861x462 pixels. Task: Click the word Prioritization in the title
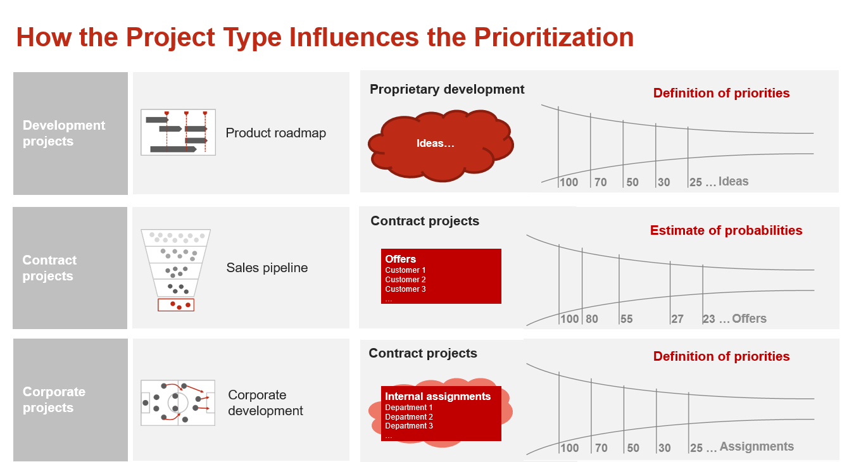tap(553, 37)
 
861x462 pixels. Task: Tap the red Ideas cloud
tap(441, 146)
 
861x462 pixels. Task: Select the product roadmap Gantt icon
tap(178, 132)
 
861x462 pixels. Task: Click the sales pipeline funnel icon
tap(175, 270)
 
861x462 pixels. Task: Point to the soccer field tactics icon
tap(177, 403)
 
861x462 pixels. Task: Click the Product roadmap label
tap(275, 133)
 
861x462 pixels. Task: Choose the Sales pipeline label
tap(267, 268)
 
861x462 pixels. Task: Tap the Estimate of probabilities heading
tap(726, 230)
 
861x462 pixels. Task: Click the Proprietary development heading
tap(447, 89)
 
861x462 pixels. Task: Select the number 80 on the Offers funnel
tap(592, 318)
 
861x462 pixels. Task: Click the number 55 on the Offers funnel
tap(627, 318)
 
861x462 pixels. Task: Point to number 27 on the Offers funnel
tap(677, 318)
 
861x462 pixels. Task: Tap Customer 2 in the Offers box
tap(405, 280)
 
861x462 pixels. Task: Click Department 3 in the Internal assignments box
tap(408, 426)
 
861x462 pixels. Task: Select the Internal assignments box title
tap(437, 396)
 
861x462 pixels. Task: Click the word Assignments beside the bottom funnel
tap(757, 446)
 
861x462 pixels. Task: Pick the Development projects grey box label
tap(64, 133)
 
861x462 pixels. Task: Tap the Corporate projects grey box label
tap(54, 399)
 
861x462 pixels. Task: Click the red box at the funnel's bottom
tap(176, 305)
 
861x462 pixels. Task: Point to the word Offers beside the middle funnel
tap(749, 318)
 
